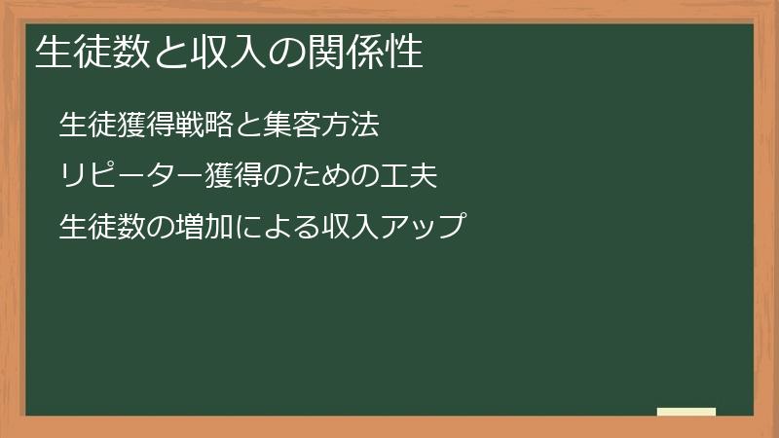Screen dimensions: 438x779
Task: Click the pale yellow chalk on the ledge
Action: tap(686, 412)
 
